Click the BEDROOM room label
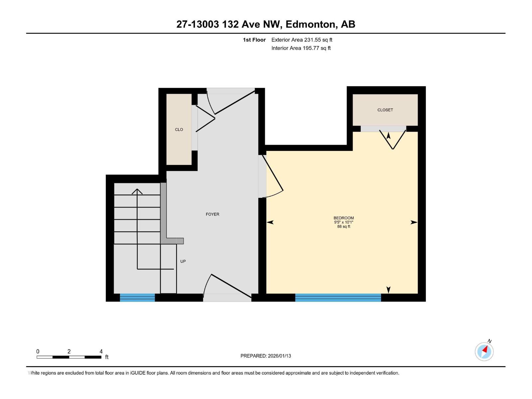point(343,218)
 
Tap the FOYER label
point(212,214)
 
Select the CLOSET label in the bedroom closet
point(385,110)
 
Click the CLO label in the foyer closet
point(179,130)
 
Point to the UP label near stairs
point(183,261)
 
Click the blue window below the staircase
point(137,298)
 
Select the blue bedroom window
point(338,298)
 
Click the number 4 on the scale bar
point(101,351)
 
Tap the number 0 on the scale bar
point(38,351)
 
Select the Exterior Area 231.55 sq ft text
point(302,40)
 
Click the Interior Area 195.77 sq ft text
point(301,48)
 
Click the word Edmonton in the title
point(310,24)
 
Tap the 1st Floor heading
point(254,40)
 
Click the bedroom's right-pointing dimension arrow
point(414,222)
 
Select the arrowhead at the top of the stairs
point(137,191)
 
